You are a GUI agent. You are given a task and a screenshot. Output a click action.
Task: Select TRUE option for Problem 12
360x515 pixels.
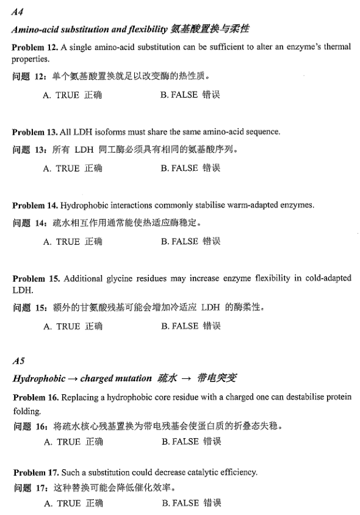(72, 96)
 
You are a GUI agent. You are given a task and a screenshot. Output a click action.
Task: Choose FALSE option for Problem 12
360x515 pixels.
(190, 95)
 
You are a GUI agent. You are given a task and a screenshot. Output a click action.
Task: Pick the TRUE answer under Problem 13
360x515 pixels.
(72, 168)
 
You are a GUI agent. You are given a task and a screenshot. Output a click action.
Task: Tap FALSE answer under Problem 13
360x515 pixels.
(190, 168)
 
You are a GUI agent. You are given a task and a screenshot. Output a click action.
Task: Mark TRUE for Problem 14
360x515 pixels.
(72, 242)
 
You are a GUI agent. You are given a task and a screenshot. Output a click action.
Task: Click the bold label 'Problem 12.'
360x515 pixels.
(34, 48)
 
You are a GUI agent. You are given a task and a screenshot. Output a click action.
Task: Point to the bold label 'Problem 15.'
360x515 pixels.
(35, 278)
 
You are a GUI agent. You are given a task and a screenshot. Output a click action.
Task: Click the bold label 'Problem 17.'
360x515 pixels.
(35, 472)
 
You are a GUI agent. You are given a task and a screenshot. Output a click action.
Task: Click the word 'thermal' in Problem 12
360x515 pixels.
(338, 48)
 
